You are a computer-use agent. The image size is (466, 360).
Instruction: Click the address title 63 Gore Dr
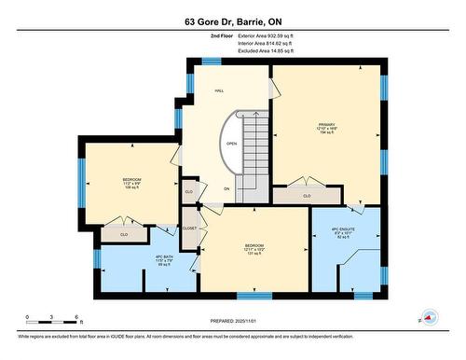pyautogui.click(x=233, y=21)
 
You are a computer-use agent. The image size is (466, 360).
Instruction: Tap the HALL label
pyautogui.click(x=219, y=90)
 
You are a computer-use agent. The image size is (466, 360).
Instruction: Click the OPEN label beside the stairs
pyautogui.click(x=230, y=145)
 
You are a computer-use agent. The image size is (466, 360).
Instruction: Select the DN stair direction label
pyautogui.click(x=226, y=189)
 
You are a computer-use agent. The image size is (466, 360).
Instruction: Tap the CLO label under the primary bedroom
pyautogui.click(x=307, y=196)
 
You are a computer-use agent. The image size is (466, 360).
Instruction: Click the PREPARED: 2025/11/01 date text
pyautogui.click(x=233, y=322)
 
